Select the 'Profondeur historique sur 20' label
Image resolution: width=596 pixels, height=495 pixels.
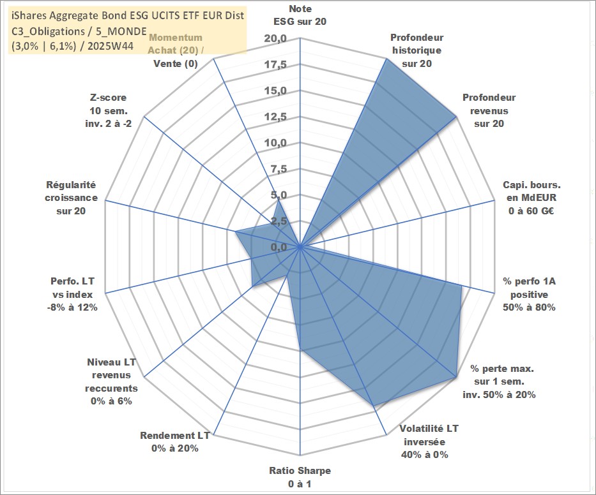coord(417,50)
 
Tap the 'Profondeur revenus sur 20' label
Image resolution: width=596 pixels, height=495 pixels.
coord(489,110)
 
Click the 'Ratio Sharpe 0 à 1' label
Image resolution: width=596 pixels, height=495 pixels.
coord(300,477)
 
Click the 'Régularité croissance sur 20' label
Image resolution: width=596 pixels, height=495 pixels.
coord(72,198)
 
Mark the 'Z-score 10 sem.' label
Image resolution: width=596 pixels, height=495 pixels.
coord(108,110)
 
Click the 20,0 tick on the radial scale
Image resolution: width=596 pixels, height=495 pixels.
coord(275,40)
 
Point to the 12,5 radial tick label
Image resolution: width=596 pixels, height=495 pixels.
coord(275,117)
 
